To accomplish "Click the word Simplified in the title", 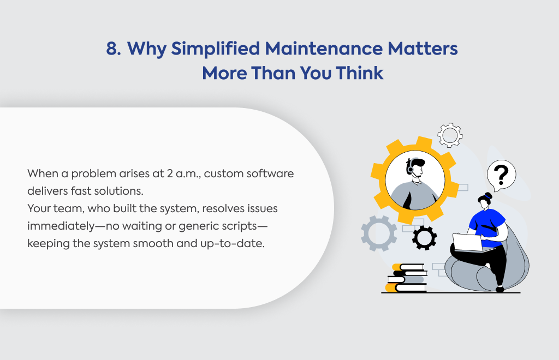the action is click(x=215, y=49).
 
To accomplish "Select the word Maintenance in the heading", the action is click(x=324, y=49).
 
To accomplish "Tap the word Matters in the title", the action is click(x=423, y=49).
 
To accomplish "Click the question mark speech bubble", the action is click(x=501, y=176).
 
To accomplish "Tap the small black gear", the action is click(x=424, y=237).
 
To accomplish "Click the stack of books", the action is click(x=406, y=278).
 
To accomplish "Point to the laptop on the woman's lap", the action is click(x=471, y=243).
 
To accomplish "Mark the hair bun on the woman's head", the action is click(x=489, y=195).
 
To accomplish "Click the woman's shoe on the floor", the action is click(x=500, y=289).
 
